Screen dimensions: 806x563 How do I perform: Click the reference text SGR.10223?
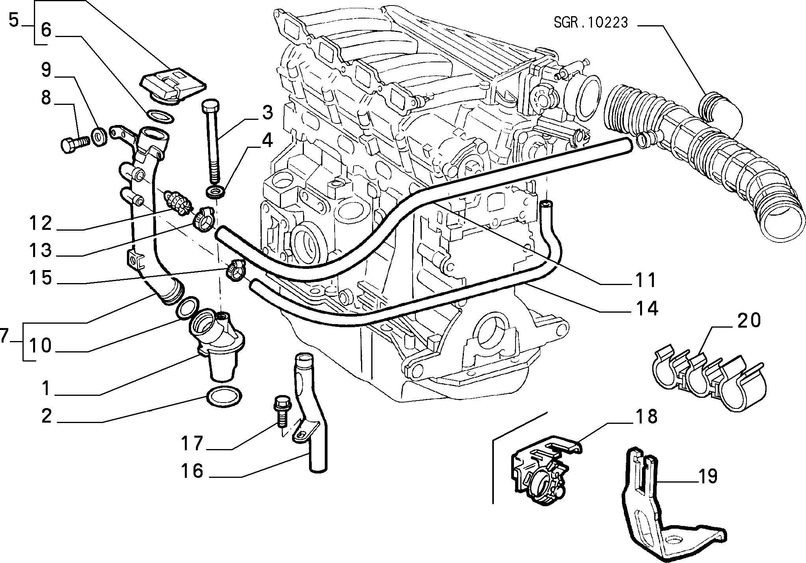click(x=590, y=23)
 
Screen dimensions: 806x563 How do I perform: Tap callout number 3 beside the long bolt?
click(x=267, y=113)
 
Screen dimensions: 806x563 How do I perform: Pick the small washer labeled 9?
click(x=98, y=136)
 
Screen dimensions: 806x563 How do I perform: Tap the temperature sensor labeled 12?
click(x=179, y=202)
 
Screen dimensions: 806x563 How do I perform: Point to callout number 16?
click(x=192, y=471)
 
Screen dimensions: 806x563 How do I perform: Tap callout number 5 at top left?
click(x=14, y=20)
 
